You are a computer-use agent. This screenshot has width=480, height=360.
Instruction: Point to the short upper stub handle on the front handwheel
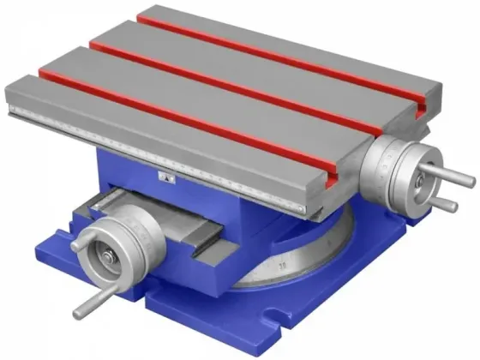click(78, 244)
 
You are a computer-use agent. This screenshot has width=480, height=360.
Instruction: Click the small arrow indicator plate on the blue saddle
click(168, 177)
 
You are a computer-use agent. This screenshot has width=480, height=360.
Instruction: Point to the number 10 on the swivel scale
click(282, 267)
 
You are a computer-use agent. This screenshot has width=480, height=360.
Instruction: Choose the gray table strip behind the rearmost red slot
click(317, 39)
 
